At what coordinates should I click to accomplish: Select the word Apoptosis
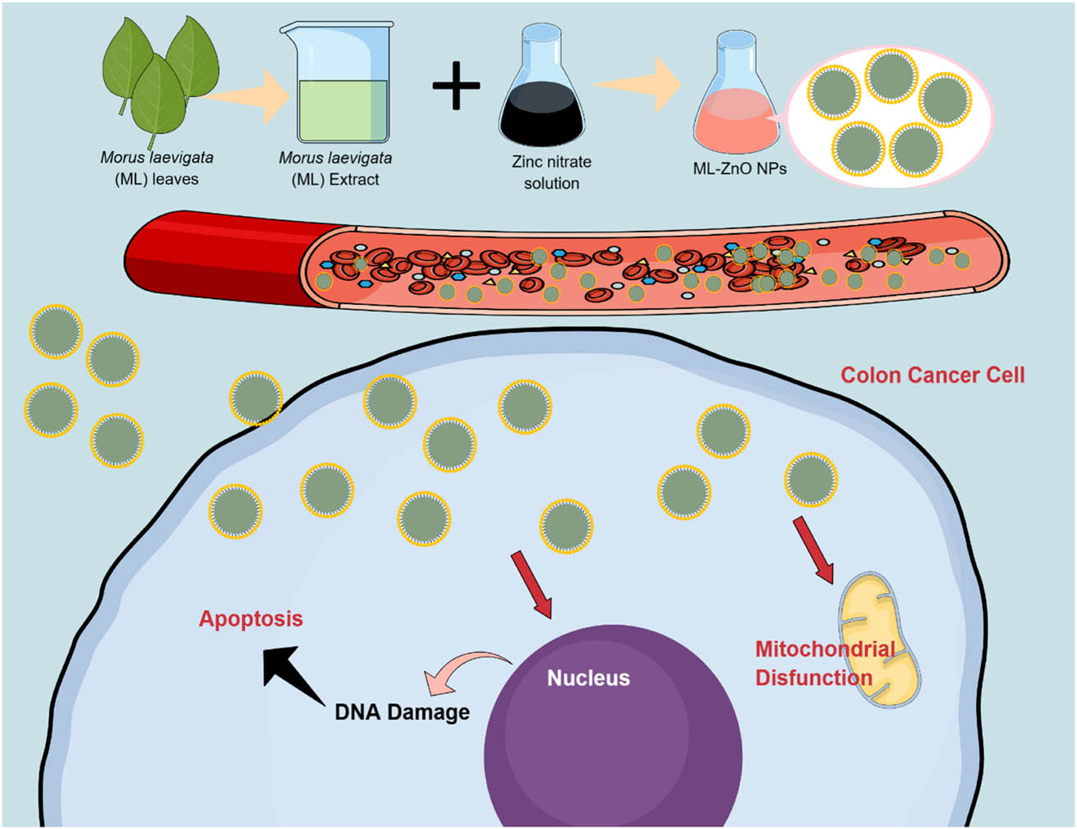pyautogui.click(x=251, y=619)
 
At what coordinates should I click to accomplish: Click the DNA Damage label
pyautogui.click(x=402, y=712)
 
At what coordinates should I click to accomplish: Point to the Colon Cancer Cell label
pyautogui.click(x=932, y=375)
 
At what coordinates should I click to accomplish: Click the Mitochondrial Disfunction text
pyautogui.click(x=824, y=664)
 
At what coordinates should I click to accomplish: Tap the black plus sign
pyautogui.click(x=456, y=85)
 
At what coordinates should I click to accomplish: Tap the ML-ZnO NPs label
pyautogui.click(x=739, y=169)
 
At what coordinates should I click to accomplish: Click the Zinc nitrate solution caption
pyautogui.click(x=551, y=173)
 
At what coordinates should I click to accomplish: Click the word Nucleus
pyautogui.click(x=588, y=679)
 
